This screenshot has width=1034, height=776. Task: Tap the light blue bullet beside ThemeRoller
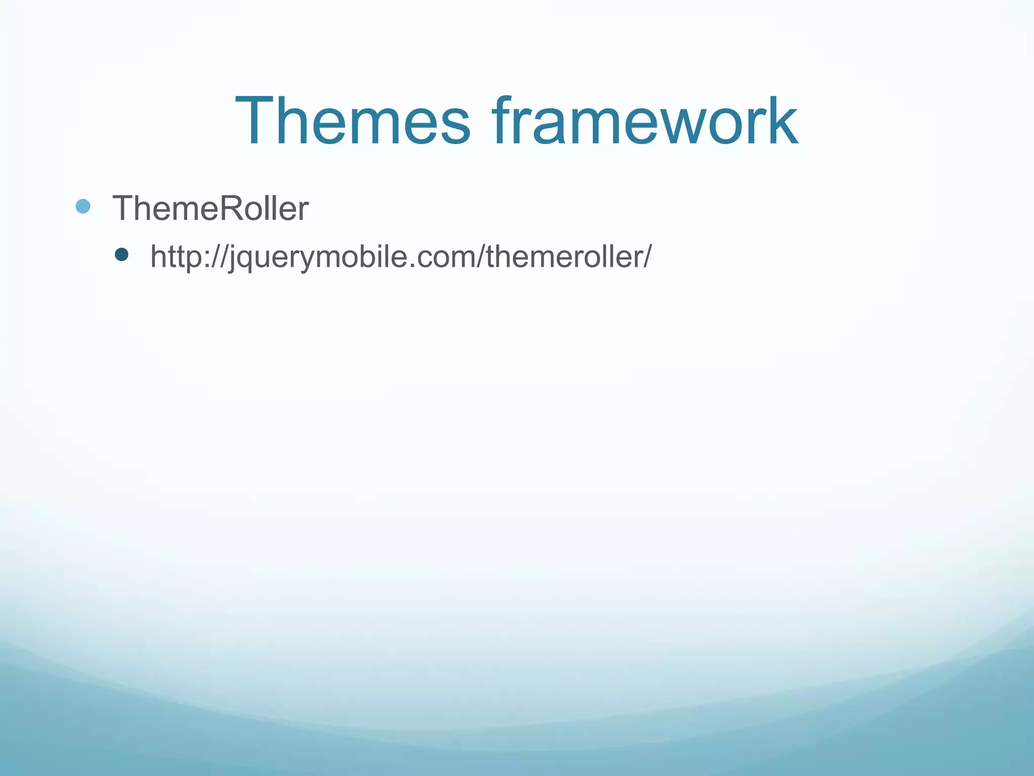coord(83,206)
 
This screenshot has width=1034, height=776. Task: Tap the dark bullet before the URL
coord(122,254)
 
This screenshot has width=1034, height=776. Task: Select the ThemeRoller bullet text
coord(210,208)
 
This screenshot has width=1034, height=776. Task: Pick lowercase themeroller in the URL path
coord(562,256)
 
